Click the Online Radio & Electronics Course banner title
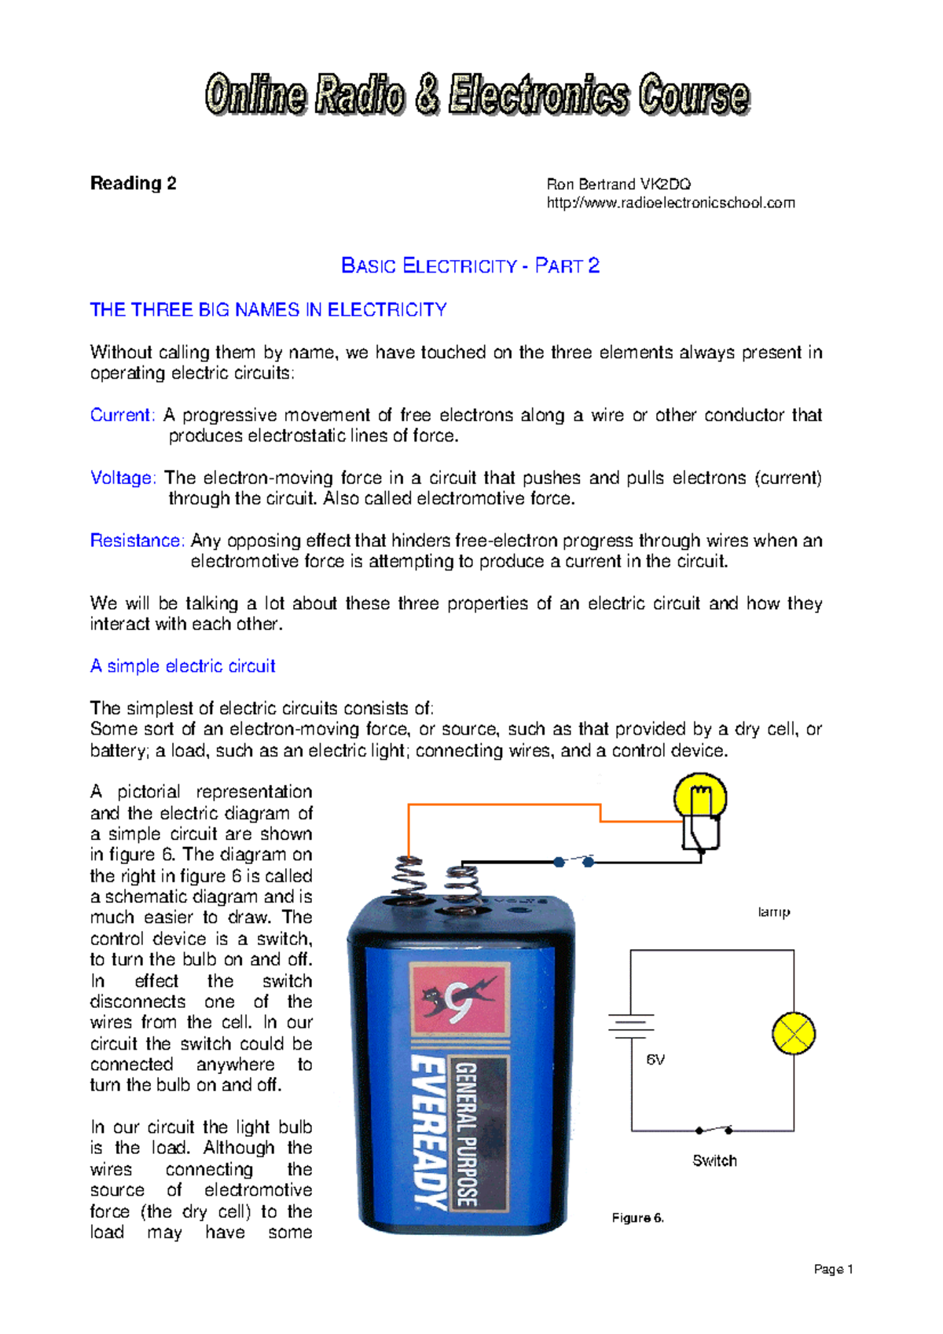point(477,96)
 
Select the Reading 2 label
point(133,184)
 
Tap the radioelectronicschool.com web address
point(670,203)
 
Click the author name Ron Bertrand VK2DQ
point(618,185)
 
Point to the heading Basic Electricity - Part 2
point(470,266)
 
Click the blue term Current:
point(123,415)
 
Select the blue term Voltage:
point(123,478)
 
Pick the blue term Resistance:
point(137,541)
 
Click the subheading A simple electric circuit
point(182,666)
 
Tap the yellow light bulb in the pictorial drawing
point(700,798)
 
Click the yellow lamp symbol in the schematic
point(794,1034)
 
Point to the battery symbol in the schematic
point(630,1025)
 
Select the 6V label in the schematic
point(655,1060)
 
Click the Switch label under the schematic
point(714,1160)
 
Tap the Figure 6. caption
point(637,1218)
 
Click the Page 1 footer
point(833,1269)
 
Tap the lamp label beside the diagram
point(773,912)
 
